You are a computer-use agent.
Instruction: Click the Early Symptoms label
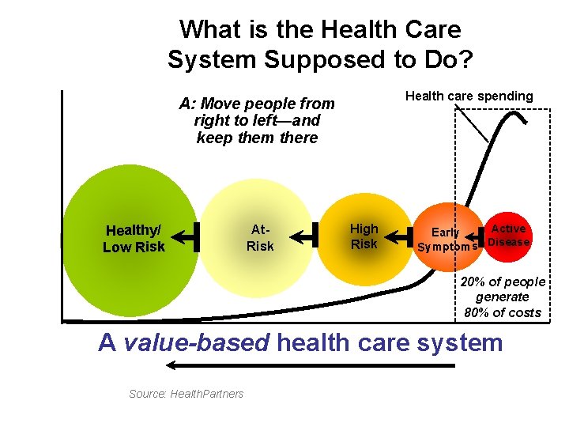(x=447, y=239)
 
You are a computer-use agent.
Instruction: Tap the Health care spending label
(x=469, y=96)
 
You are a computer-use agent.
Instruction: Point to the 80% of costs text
(x=503, y=312)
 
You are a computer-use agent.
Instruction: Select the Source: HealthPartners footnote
(x=187, y=394)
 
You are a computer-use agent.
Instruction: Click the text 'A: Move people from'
(x=257, y=104)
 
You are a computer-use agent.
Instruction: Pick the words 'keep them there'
(x=257, y=138)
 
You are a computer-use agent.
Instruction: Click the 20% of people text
(x=503, y=282)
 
